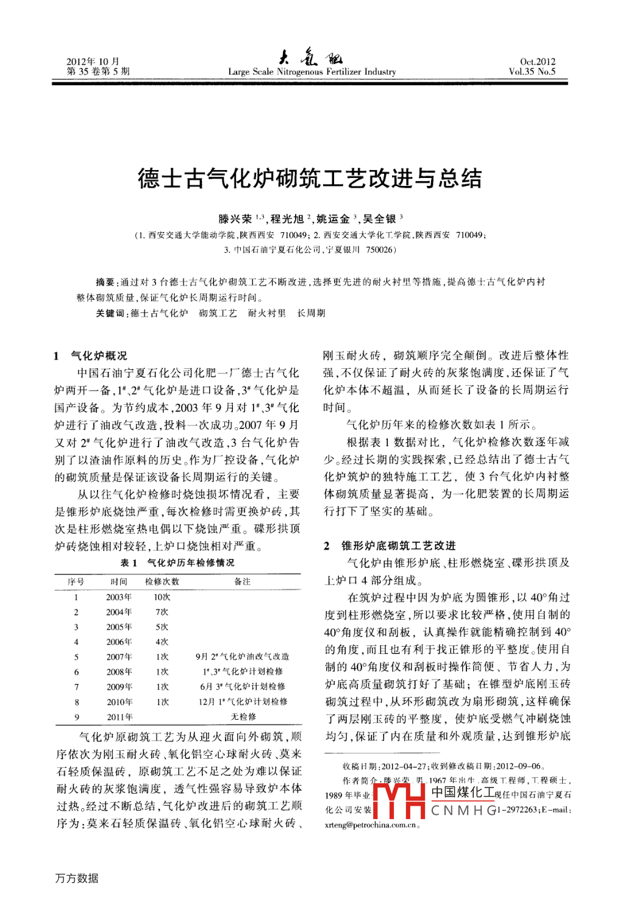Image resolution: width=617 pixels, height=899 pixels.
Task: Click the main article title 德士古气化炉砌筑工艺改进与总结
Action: click(310, 179)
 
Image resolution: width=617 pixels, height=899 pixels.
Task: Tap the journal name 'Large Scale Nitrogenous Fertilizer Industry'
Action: click(312, 72)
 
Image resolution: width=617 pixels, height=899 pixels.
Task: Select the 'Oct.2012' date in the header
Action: click(537, 62)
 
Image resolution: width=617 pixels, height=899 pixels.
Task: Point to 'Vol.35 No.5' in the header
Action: click(532, 71)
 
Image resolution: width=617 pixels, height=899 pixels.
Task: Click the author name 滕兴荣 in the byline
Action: click(235, 219)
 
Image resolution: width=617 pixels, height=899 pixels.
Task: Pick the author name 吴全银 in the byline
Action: click(379, 219)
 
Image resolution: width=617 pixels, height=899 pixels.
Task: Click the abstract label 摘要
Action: click(105, 282)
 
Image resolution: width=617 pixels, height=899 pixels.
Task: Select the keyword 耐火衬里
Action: click(266, 313)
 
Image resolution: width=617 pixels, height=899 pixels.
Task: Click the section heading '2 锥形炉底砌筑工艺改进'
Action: click(390, 545)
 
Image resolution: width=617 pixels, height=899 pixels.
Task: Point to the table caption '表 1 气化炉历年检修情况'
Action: click(177, 563)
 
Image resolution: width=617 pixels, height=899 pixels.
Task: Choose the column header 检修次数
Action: click(162, 581)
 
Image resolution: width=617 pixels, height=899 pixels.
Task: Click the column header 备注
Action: click(242, 581)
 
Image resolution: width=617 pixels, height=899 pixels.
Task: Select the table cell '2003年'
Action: click(119, 597)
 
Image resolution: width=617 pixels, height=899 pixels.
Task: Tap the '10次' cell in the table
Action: click(162, 597)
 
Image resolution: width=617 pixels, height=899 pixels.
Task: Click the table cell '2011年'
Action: click(119, 717)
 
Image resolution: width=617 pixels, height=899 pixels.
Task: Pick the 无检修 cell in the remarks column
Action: click(243, 717)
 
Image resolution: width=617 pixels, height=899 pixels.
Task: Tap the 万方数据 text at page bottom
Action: click(77, 878)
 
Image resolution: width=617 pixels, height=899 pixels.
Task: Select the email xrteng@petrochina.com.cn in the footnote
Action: click(371, 825)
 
